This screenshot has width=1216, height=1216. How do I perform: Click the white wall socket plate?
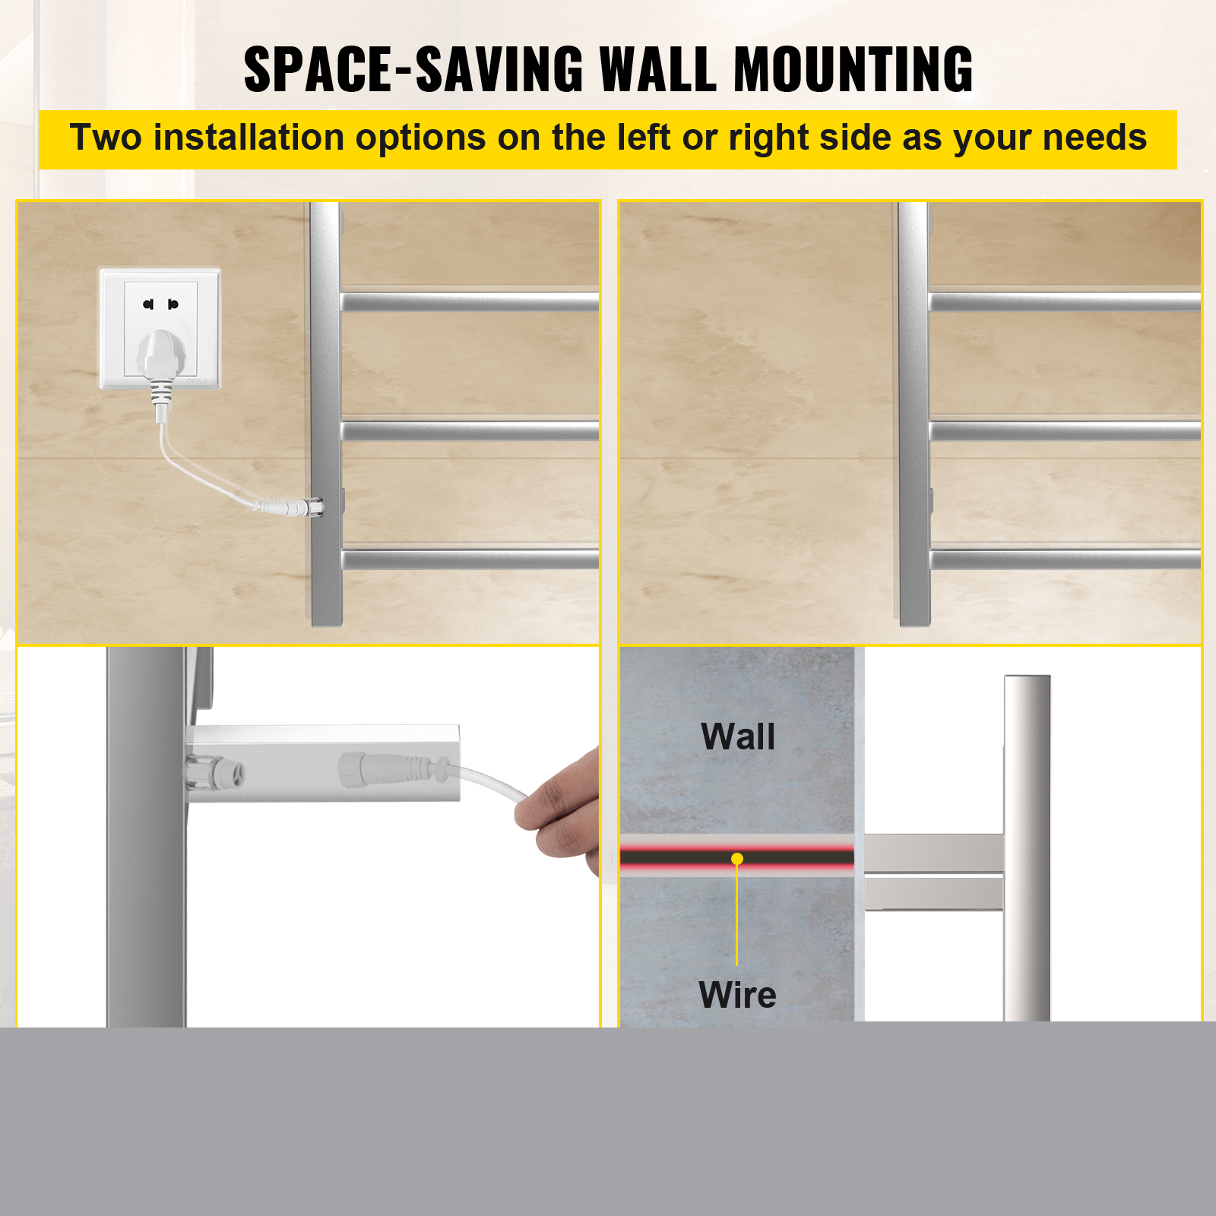[160, 328]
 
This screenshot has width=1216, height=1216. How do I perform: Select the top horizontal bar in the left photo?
[470, 302]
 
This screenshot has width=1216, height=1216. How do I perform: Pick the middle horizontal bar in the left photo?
[470, 431]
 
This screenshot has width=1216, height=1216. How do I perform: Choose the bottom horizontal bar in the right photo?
[1065, 560]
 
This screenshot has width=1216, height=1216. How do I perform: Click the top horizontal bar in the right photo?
[1065, 302]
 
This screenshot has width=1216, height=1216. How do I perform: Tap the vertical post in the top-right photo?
[914, 414]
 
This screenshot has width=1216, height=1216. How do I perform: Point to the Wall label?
[738, 736]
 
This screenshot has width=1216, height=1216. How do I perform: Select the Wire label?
[737, 995]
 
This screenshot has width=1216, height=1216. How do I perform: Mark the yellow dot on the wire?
[737, 859]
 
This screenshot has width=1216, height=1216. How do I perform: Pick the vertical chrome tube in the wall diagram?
[1027, 848]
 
